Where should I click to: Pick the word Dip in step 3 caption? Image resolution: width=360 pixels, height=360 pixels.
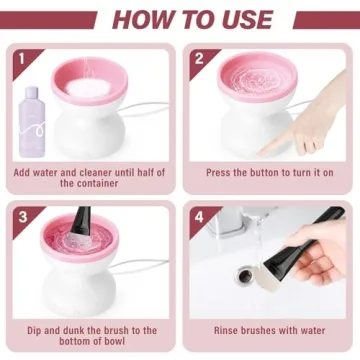[x=27, y=329]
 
